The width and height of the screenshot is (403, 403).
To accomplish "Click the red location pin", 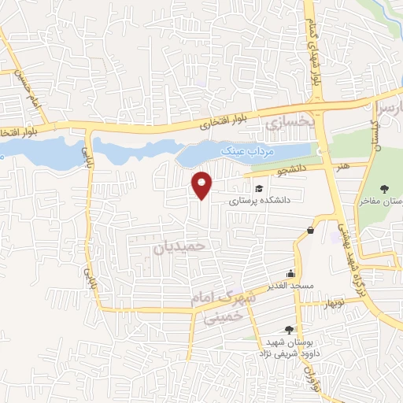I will point(203,185).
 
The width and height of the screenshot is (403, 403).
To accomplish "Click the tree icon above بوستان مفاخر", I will point(384,189).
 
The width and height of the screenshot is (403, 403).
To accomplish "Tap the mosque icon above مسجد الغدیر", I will point(291,272).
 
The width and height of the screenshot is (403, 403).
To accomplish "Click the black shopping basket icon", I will point(312,231).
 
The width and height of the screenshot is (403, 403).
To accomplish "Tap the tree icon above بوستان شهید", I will point(289,330).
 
